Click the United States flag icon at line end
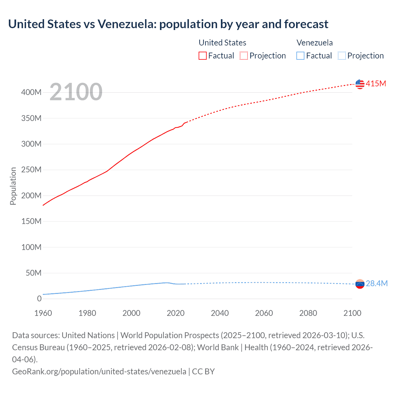[x=360, y=84]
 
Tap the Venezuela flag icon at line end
[x=360, y=284]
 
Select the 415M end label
[x=376, y=84]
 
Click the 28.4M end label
[x=377, y=283]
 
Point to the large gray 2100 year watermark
[x=76, y=92]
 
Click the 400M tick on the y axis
[x=31, y=93]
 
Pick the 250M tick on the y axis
[x=31, y=170]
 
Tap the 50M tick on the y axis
[x=33, y=273]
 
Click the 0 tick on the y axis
[x=39, y=299]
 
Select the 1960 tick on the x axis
[x=43, y=313]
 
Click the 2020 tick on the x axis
[x=175, y=313]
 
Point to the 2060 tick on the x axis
[x=264, y=313]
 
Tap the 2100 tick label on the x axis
[x=352, y=313]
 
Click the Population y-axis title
[x=13, y=186]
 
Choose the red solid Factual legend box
[x=203, y=56]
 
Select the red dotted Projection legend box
[x=244, y=56]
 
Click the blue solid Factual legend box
[x=300, y=56]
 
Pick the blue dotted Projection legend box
[x=342, y=56]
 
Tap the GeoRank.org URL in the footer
[x=99, y=371]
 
